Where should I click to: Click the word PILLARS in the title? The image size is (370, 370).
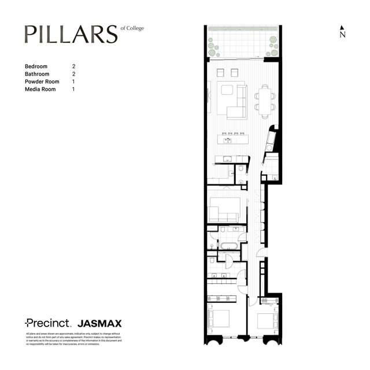click(x=71, y=35)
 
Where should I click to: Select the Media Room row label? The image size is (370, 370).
click(x=40, y=90)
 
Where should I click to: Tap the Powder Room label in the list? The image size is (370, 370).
click(x=42, y=82)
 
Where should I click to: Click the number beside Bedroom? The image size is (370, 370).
click(x=73, y=66)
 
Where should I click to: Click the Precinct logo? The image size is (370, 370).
click(x=47, y=323)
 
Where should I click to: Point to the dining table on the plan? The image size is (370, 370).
click(x=265, y=99)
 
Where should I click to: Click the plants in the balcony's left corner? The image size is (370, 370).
click(x=214, y=46)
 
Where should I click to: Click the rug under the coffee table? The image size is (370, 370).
click(x=227, y=92)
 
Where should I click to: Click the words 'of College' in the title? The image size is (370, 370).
click(x=132, y=28)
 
